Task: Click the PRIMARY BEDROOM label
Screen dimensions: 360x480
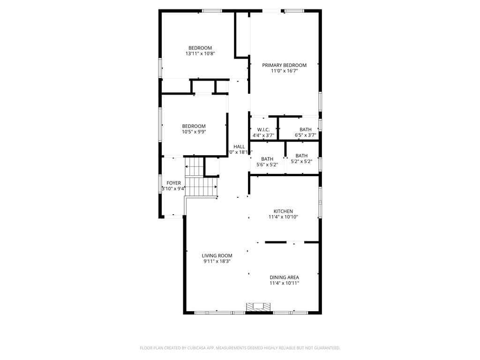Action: tap(284, 65)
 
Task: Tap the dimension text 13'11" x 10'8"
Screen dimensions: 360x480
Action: tap(200, 53)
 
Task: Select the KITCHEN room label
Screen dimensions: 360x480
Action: tap(283, 211)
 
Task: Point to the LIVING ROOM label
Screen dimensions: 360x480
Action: tap(217, 256)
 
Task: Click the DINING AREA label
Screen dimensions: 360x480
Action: tap(284, 277)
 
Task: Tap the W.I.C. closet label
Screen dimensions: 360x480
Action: tap(263, 130)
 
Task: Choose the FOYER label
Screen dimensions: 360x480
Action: tap(173, 183)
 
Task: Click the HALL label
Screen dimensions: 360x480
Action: tap(239, 147)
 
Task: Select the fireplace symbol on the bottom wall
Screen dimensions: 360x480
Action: tap(259, 307)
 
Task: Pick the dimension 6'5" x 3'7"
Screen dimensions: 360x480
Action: tap(305, 135)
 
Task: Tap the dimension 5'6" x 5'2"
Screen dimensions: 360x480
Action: tap(267, 165)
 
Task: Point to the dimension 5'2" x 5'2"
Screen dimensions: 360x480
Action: tap(301, 162)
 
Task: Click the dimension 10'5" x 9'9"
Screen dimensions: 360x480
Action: tap(194, 132)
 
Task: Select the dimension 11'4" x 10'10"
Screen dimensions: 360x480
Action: tap(283, 217)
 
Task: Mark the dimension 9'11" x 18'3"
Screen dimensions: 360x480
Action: tap(217, 262)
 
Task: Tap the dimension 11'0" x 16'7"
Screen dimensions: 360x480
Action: tap(284, 71)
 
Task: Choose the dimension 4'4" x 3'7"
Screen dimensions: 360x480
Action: tap(263, 135)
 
